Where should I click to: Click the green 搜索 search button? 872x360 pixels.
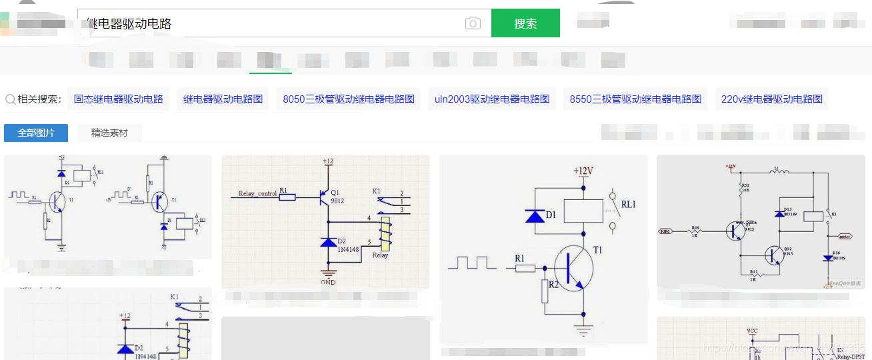pos(525,23)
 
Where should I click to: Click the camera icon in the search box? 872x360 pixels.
pos(473,23)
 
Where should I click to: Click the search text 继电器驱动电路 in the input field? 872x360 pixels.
pos(129,24)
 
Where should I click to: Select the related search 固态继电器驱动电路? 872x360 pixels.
pos(119,99)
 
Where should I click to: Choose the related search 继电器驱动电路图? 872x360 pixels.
pos(223,99)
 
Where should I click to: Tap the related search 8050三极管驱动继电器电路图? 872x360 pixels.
pos(349,99)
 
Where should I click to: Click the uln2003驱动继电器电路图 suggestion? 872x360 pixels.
pos(492,99)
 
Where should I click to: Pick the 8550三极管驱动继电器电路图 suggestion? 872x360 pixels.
pos(635,99)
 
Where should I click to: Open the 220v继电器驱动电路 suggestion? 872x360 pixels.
pos(771,99)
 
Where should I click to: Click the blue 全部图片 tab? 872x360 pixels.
pos(36,133)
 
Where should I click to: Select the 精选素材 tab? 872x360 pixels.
pos(109,133)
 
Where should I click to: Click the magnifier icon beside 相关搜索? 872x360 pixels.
pos(11,99)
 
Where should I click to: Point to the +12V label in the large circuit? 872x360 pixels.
pos(583,171)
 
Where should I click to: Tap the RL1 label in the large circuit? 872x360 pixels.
pos(629,204)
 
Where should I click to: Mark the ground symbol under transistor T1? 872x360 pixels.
pos(583,329)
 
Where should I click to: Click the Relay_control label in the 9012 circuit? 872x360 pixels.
pos(257,194)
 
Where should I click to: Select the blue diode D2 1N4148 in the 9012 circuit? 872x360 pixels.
pos(329,242)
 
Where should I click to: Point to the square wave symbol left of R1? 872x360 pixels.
pos(472,262)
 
